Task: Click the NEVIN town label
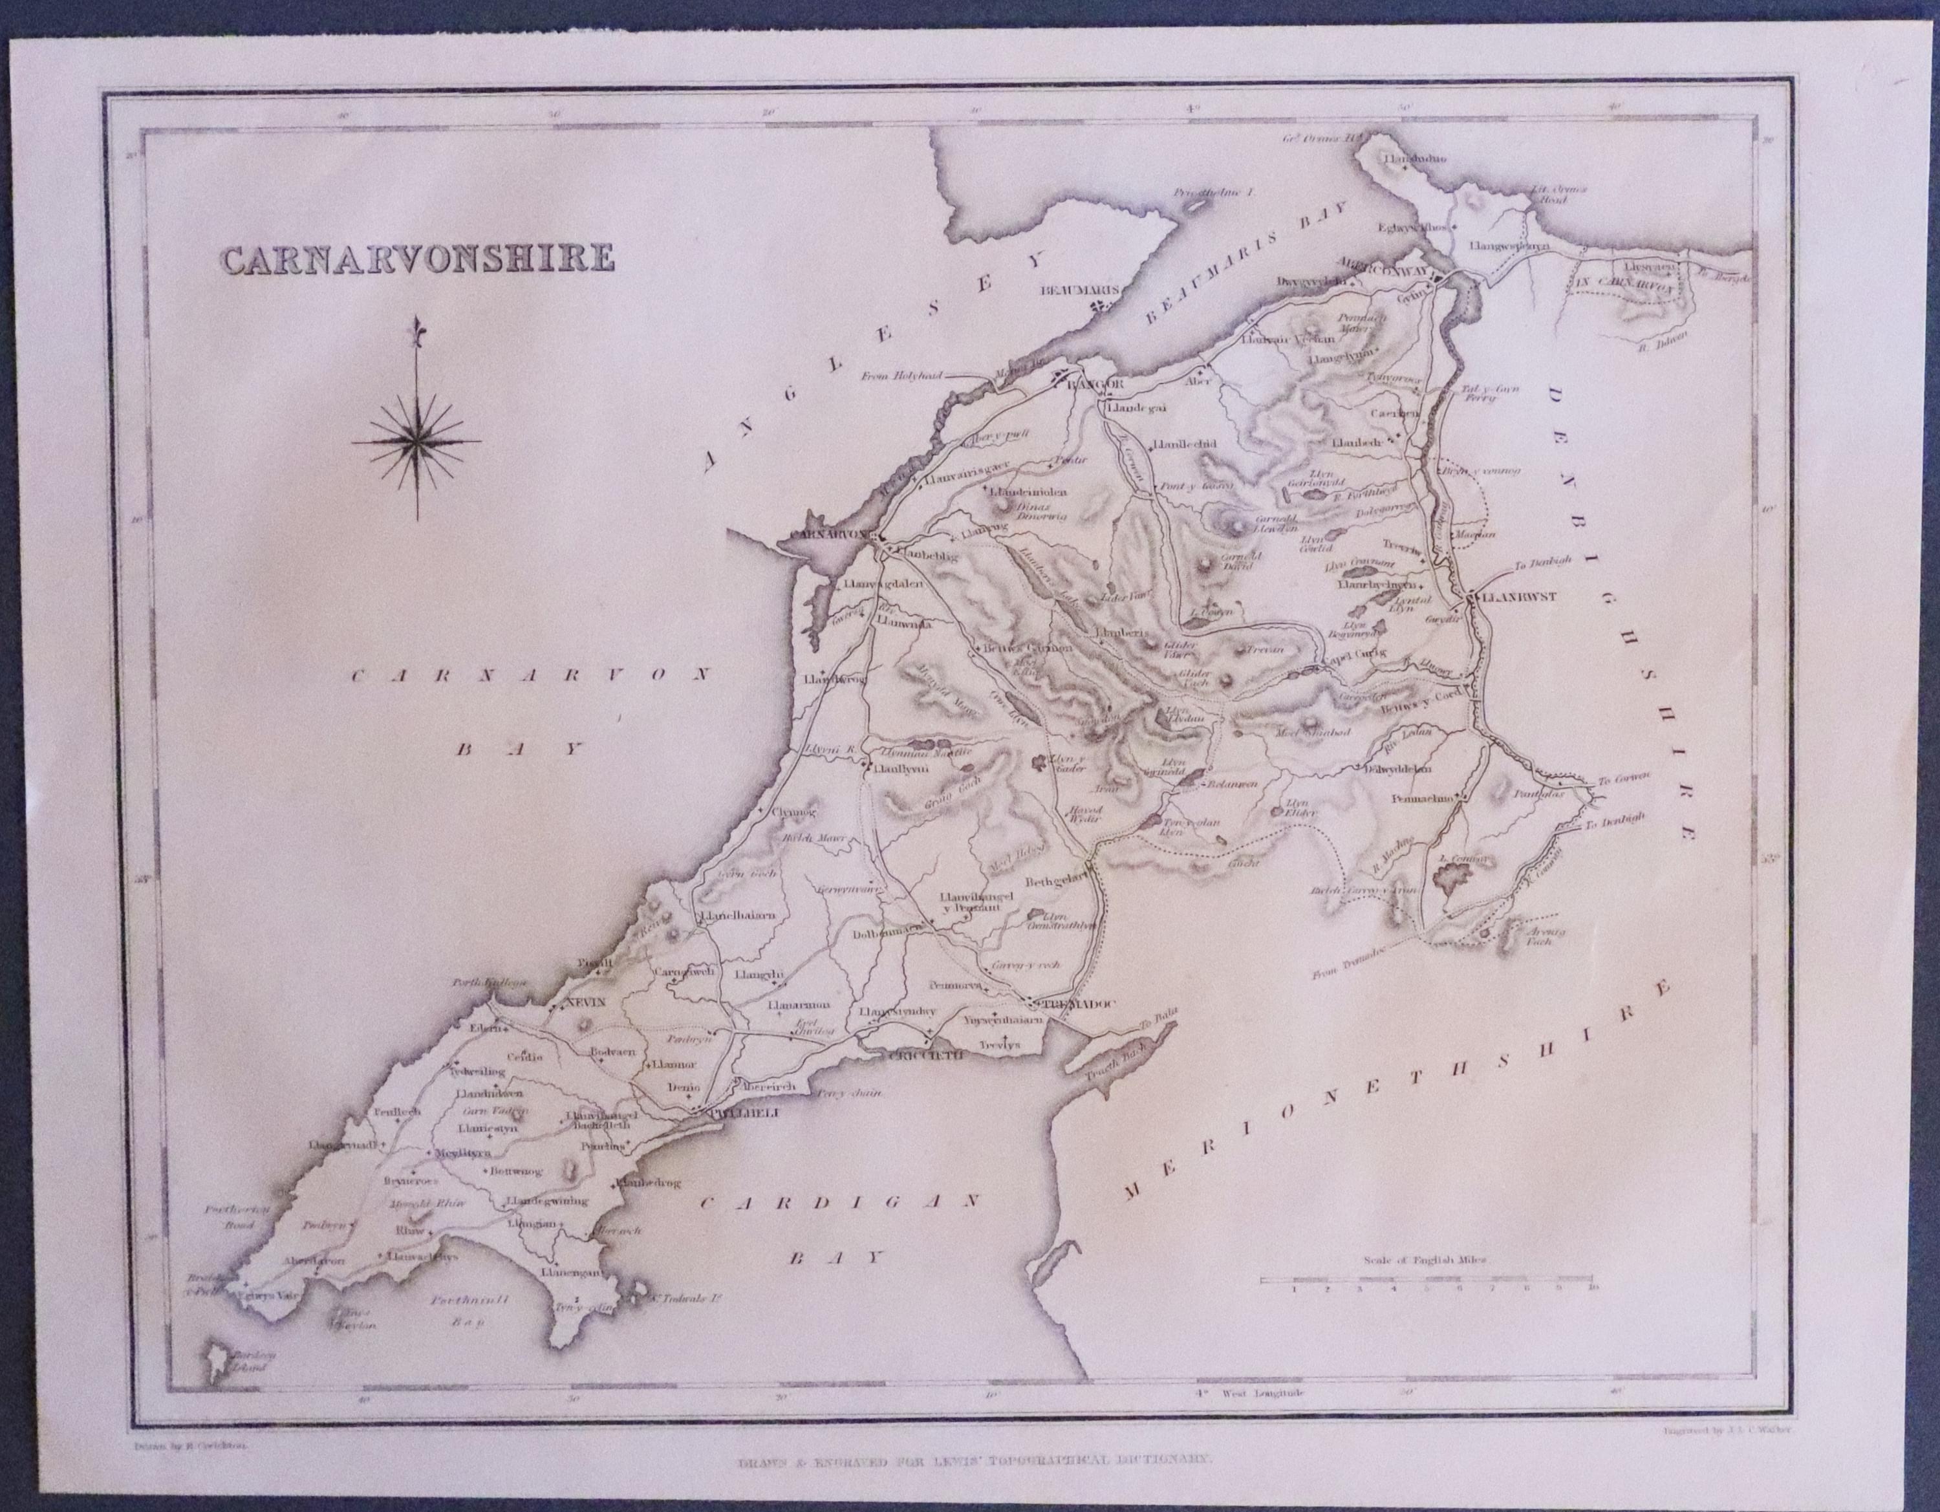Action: pos(583,1003)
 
